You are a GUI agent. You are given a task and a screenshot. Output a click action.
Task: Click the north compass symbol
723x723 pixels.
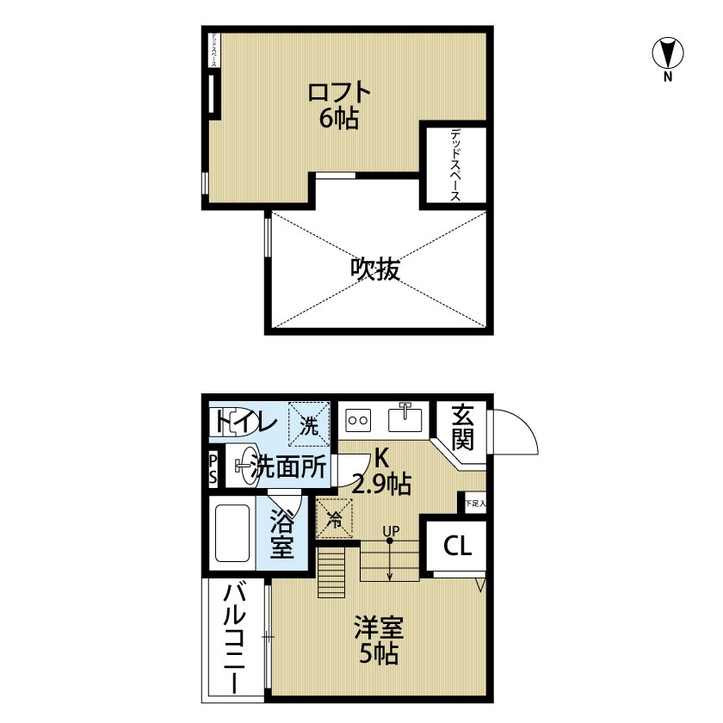667,53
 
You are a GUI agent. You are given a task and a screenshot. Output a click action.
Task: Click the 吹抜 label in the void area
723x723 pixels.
375,269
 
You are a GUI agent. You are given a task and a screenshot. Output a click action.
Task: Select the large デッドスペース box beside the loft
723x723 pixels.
454,164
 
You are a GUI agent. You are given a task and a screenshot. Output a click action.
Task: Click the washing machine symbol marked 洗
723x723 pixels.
308,424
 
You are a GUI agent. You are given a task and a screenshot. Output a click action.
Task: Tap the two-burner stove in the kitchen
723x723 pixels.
358,421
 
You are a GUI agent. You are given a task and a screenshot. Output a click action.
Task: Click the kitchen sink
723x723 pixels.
409,419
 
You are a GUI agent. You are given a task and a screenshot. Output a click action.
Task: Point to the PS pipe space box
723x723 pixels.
213,469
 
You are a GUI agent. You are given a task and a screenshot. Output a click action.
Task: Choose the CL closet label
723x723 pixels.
457,546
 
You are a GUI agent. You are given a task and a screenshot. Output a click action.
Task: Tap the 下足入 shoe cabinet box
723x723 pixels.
474,503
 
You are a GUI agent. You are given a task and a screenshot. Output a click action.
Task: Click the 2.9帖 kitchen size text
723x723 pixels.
380,485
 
